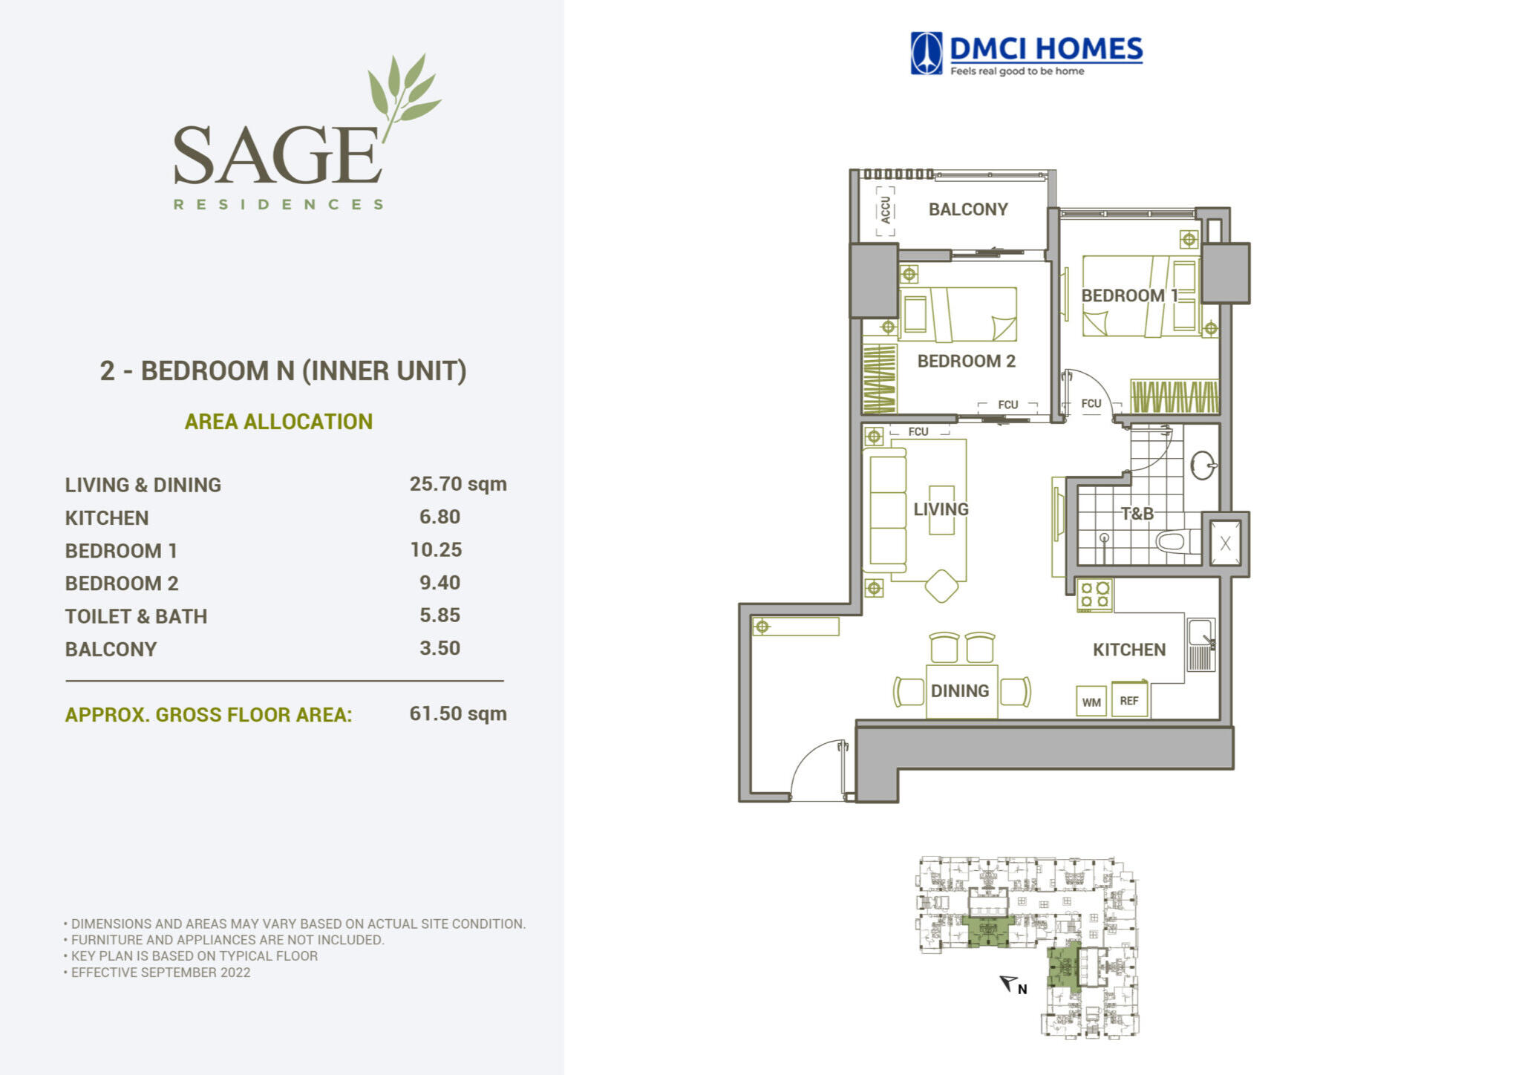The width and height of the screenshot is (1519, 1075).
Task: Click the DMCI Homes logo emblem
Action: (x=927, y=53)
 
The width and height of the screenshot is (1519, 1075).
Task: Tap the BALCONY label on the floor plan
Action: (x=968, y=209)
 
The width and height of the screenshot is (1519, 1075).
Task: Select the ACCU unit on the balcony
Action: (x=885, y=210)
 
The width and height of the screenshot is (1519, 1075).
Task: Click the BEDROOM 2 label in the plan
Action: (x=966, y=362)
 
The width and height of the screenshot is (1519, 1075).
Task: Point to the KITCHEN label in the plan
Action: (x=1129, y=650)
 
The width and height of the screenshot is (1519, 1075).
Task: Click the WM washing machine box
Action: (x=1091, y=702)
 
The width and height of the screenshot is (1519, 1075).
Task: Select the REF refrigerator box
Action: (x=1129, y=700)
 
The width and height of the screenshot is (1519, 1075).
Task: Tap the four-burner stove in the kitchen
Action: (x=1095, y=595)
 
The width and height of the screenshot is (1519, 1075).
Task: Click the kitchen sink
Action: (x=1200, y=644)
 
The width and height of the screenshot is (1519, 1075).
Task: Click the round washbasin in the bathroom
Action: (x=1203, y=465)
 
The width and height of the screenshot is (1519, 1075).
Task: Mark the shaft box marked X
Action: (x=1225, y=543)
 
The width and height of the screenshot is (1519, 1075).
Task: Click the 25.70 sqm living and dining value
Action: (x=458, y=484)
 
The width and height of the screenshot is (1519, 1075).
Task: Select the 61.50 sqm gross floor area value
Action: (x=458, y=713)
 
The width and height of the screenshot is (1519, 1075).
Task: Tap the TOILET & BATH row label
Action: (x=136, y=616)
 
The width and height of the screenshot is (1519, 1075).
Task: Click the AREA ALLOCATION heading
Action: (x=278, y=422)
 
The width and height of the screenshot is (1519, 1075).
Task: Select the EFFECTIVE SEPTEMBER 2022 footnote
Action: (x=160, y=973)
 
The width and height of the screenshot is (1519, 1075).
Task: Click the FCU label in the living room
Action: (x=918, y=431)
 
